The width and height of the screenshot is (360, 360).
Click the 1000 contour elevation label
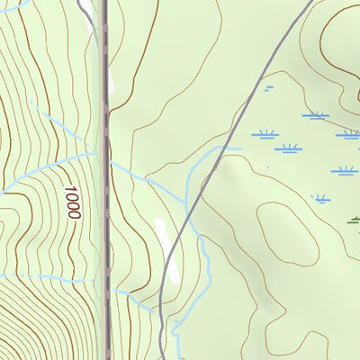pos(72,203)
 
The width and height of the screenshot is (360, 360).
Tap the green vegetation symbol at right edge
pos(354,218)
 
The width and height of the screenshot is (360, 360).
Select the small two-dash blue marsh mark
pos(268,87)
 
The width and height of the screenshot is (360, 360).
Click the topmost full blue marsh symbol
pos(315,115)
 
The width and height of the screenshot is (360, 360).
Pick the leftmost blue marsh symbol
pos(264,134)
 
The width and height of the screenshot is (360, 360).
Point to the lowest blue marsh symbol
pos(320,198)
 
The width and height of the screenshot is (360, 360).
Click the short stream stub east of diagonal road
pos(232,148)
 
